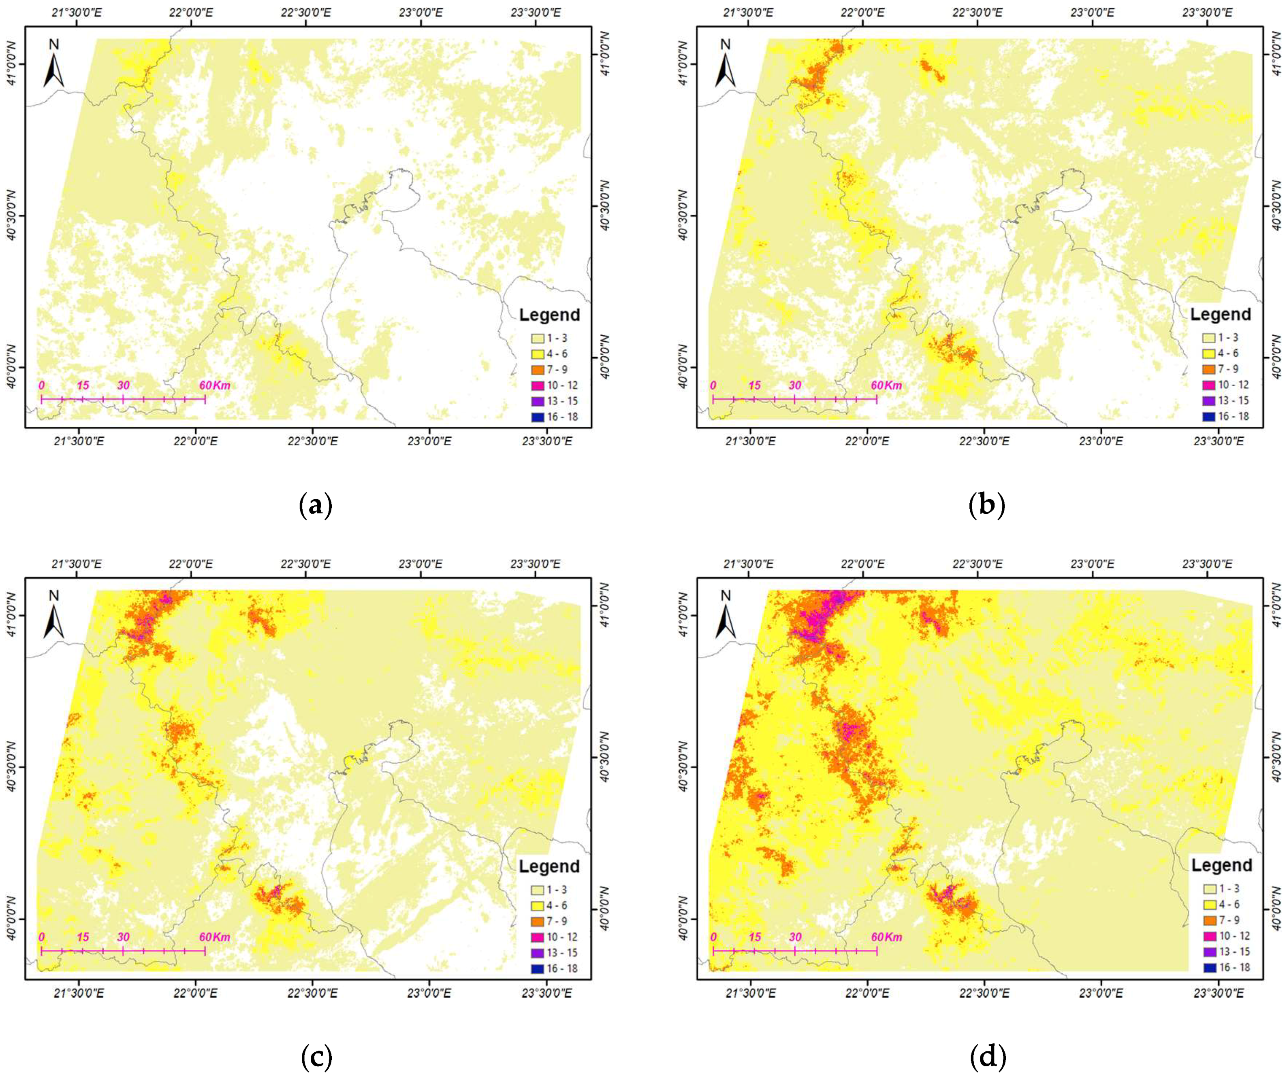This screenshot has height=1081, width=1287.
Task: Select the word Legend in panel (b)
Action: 1220,314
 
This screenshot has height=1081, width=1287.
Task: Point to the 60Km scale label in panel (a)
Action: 215,385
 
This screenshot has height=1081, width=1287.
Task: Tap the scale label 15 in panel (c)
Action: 83,937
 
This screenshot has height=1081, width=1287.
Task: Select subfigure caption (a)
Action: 316,506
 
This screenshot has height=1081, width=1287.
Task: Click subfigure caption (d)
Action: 988,1056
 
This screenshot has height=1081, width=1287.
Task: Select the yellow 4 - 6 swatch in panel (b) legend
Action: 1209,353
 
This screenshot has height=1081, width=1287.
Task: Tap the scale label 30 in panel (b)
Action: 795,385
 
